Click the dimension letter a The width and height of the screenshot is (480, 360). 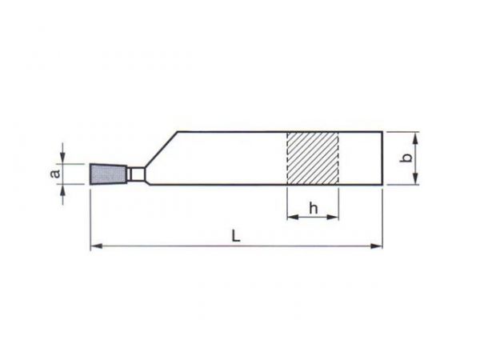[55, 174]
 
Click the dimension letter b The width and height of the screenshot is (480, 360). [406, 158]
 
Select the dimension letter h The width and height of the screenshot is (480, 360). [313, 209]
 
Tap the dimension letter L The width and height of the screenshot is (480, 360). [236, 236]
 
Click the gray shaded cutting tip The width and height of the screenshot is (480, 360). [108, 174]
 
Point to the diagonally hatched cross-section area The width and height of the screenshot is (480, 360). [313, 158]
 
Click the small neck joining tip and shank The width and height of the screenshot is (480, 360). [136, 174]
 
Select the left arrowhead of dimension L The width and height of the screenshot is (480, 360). [97, 246]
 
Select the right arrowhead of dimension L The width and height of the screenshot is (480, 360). [377, 246]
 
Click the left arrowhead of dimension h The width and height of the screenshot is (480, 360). [293, 217]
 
